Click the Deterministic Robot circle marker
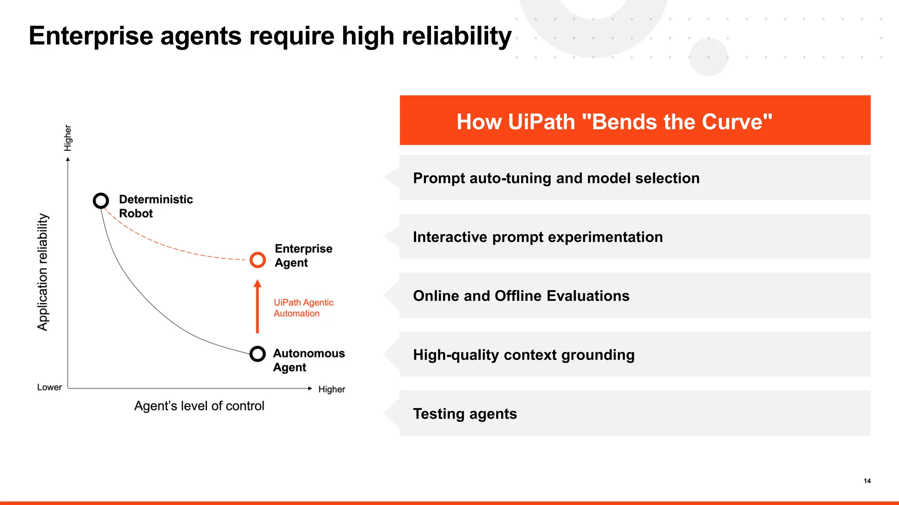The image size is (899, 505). [x=101, y=201]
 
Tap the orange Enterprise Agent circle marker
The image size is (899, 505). [x=258, y=260]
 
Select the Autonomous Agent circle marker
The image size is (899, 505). [x=258, y=354]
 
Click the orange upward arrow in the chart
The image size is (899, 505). [x=258, y=307]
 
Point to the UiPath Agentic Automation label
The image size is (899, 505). [x=303, y=308]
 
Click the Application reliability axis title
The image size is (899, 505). [x=43, y=272]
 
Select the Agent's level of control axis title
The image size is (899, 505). [x=199, y=406]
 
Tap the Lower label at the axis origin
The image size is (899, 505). [x=49, y=388]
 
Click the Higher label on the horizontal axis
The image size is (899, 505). [x=331, y=389]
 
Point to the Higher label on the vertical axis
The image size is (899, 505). [x=68, y=138]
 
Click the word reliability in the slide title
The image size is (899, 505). [x=457, y=36]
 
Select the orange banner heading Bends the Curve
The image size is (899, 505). [x=614, y=122]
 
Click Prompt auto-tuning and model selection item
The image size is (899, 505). [x=556, y=178]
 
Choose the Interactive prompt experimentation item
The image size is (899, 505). [x=538, y=237]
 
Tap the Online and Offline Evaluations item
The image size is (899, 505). [x=521, y=296]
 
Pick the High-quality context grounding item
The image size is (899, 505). [x=524, y=355]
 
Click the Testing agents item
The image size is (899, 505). [x=465, y=413]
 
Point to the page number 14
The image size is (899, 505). [x=867, y=481]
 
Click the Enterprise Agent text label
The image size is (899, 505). [x=303, y=256]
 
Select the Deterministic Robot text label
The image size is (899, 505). [x=155, y=206]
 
